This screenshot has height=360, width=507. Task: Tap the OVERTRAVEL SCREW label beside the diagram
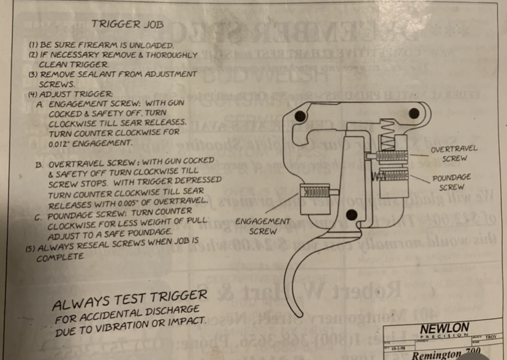click(x=454, y=154)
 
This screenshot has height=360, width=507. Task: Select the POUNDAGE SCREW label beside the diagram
click(x=451, y=182)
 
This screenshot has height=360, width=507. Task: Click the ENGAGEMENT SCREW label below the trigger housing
click(x=263, y=226)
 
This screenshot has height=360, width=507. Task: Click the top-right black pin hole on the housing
click(x=415, y=113)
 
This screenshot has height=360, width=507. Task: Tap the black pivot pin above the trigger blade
click(x=351, y=214)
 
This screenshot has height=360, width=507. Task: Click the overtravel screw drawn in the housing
click(x=389, y=157)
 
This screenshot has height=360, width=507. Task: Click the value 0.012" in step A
click(x=60, y=142)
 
